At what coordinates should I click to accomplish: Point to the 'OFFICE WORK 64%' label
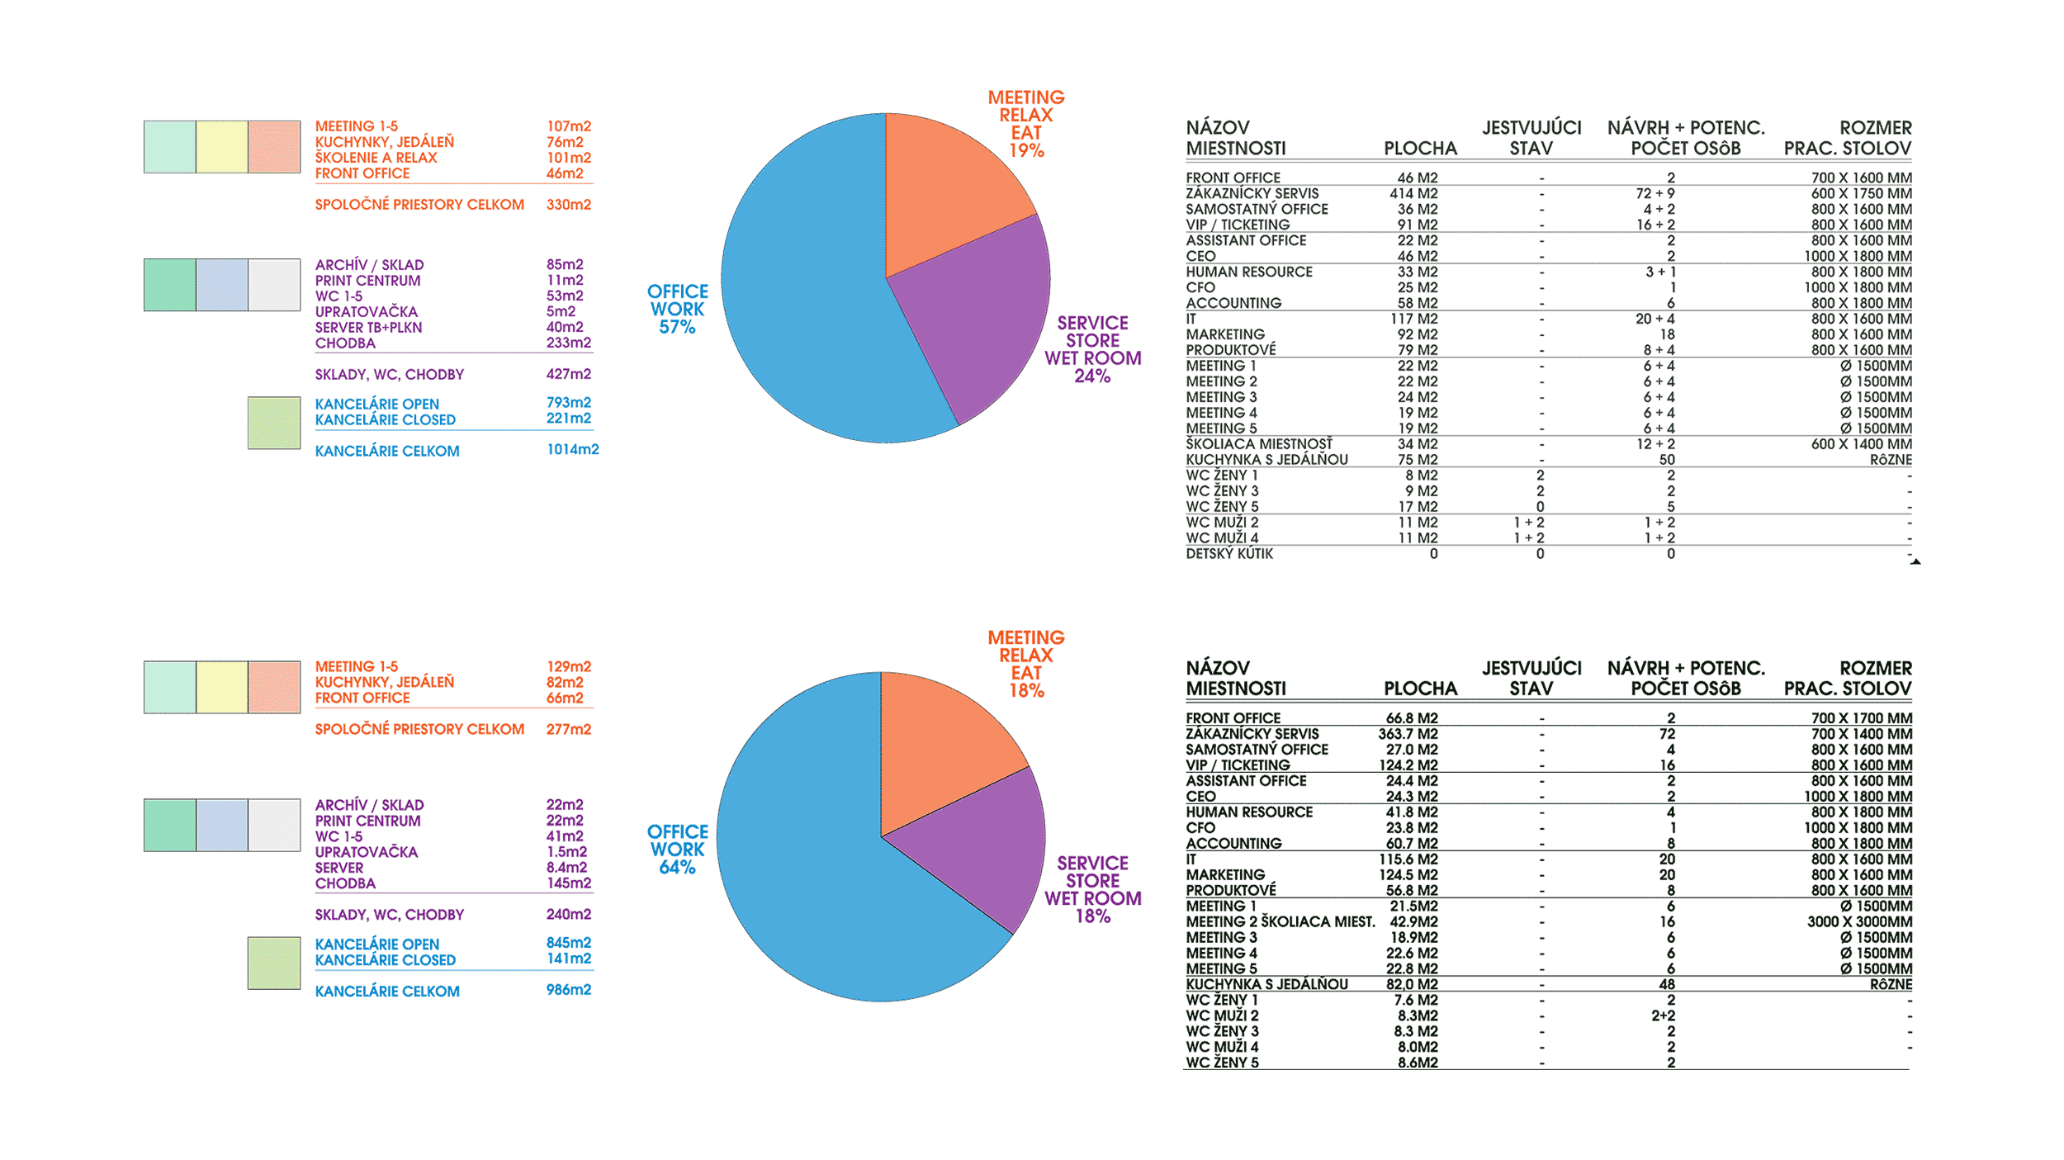pyautogui.click(x=677, y=849)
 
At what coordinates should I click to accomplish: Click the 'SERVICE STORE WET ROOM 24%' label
pyautogui.click(x=1092, y=349)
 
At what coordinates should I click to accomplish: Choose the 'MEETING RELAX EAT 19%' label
pyautogui.click(x=1026, y=124)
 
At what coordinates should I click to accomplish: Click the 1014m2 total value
pyautogui.click(x=572, y=450)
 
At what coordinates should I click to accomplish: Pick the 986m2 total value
pyautogui.click(x=569, y=990)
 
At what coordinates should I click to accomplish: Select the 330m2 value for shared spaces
pyautogui.click(x=569, y=205)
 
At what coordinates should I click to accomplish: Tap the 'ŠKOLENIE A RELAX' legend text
pyautogui.click(x=376, y=158)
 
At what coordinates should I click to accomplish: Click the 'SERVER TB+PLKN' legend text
pyautogui.click(x=368, y=328)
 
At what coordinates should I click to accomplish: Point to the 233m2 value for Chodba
pyautogui.click(x=569, y=343)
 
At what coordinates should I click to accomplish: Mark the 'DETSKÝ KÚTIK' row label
pyautogui.click(x=1229, y=554)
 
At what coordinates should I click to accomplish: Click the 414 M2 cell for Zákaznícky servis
pyautogui.click(x=1413, y=194)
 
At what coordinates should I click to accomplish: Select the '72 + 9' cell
pyautogui.click(x=1655, y=194)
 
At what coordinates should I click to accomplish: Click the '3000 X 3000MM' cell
pyautogui.click(x=1859, y=922)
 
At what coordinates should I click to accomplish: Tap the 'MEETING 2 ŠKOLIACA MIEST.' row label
pyautogui.click(x=1281, y=922)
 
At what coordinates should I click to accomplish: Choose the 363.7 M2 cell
pyautogui.click(x=1408, y=735)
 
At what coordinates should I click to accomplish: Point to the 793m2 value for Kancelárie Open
pyautogui.click(x=569, y=403)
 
